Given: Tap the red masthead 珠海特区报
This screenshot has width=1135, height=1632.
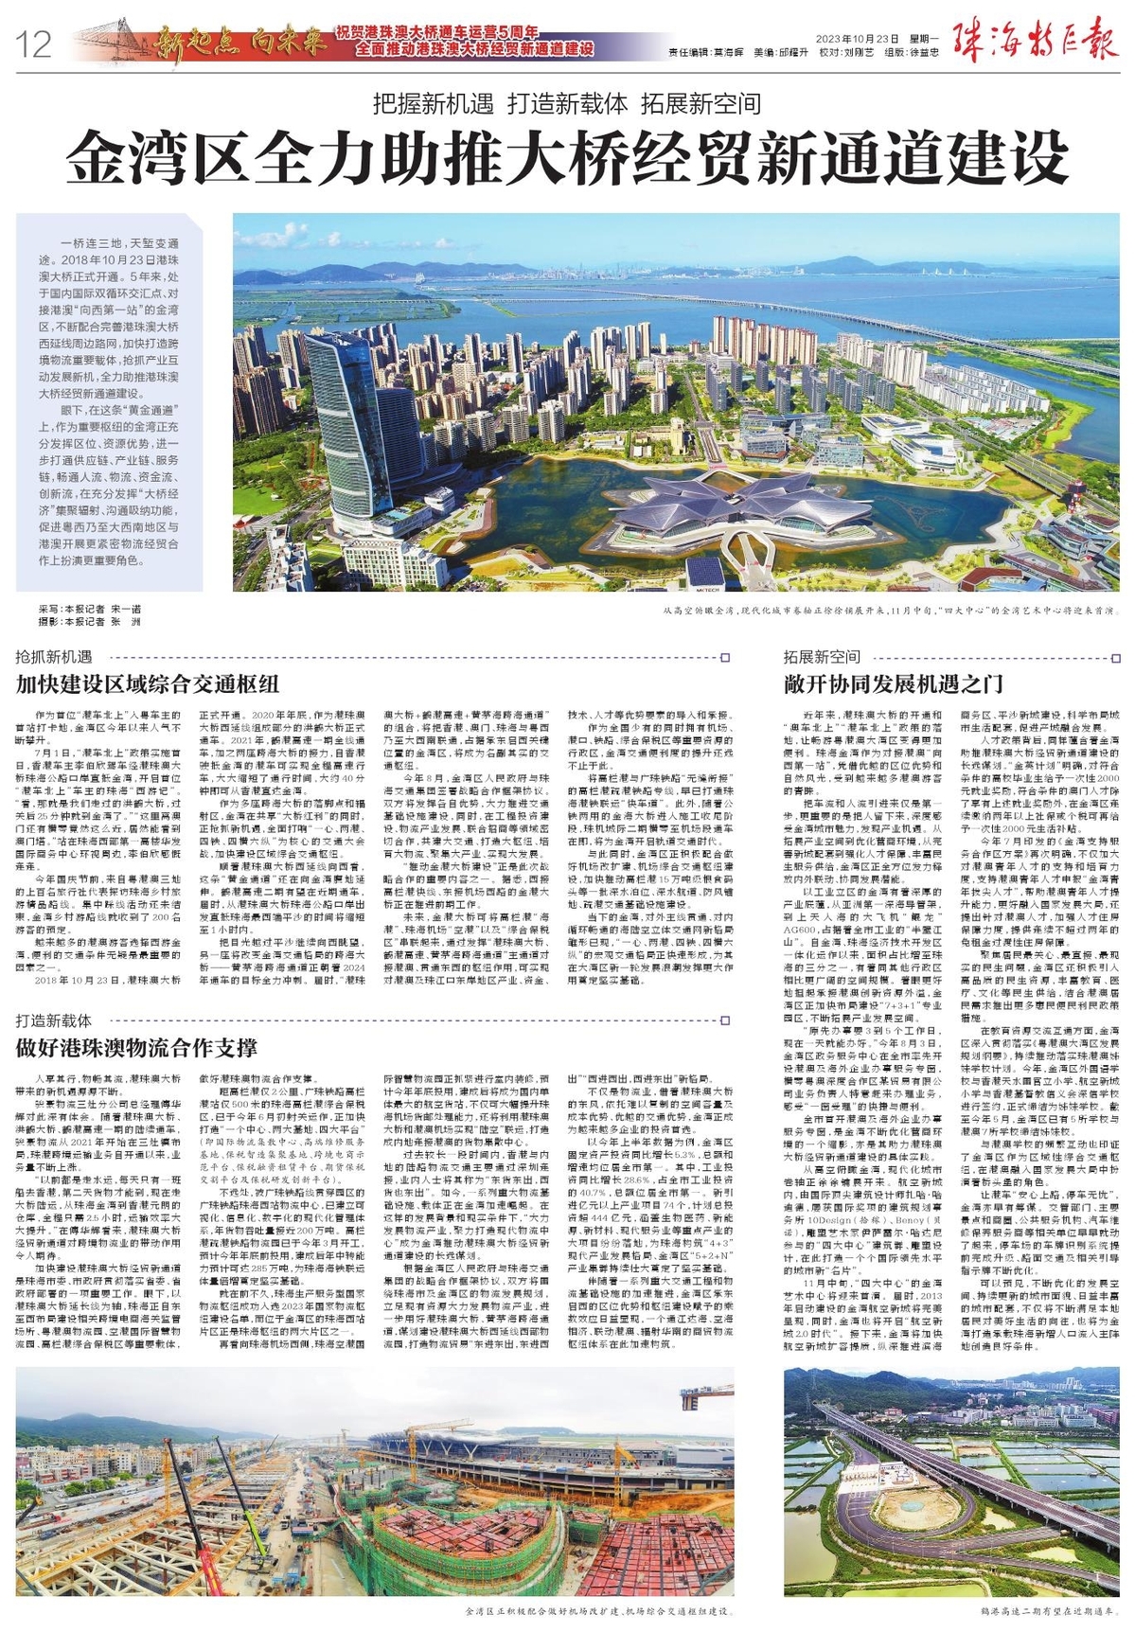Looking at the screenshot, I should (x=1037, y=43).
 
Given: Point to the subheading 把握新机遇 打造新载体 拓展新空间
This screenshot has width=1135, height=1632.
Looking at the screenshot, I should (x=567, y=102).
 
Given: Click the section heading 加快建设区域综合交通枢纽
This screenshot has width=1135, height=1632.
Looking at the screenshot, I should (x=148, y=683).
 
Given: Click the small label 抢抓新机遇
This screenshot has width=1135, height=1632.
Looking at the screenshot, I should (x=54, y=657).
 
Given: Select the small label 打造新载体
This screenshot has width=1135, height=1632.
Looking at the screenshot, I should (x=54, y=1020).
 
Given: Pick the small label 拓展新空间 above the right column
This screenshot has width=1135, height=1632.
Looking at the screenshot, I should (x=821, y=657).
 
